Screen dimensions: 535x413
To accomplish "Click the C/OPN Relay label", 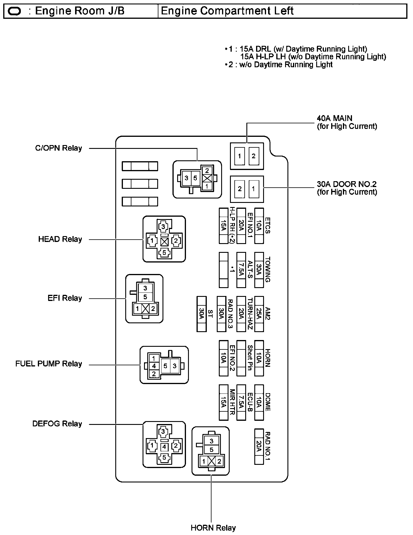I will pos(58,148).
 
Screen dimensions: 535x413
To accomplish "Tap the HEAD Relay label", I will pos(60,239).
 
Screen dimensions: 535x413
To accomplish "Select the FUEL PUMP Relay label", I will pos(49,364).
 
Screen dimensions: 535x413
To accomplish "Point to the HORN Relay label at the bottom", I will pos(213,528).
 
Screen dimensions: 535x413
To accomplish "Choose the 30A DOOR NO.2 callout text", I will pos(347,188).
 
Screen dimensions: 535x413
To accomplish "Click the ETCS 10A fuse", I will pos(259,226).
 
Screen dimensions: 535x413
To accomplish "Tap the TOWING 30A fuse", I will pos(259,270).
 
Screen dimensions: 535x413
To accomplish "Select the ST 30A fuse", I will pos(202,314).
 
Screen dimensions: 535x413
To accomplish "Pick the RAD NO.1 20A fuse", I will pos(259,447).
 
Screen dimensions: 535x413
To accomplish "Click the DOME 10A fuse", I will pos(259,402).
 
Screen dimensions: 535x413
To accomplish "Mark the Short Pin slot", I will pos(241,358).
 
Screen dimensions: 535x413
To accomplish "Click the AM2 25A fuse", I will pos(259,314).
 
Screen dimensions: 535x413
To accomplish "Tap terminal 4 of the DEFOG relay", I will pos(164,447).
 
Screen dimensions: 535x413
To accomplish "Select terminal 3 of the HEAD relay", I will pos(164,226).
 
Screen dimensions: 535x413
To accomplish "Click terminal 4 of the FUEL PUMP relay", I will pos(154,366).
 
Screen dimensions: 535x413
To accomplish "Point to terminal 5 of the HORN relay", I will pos(211,450).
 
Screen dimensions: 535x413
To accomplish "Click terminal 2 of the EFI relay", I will pos(153,309).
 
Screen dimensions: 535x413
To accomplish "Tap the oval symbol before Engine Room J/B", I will pos(15,11).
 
